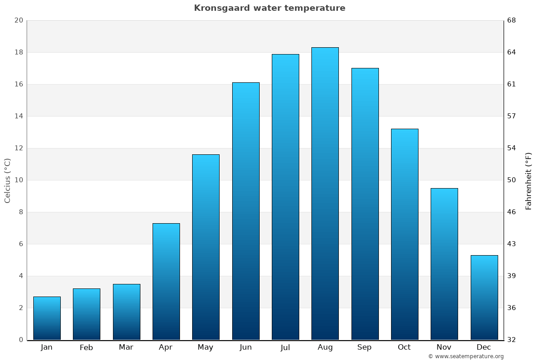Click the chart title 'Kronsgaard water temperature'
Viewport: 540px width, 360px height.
coord(270,8)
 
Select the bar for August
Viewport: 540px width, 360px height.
coord(325,193)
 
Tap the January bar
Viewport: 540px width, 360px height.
coord(47,318)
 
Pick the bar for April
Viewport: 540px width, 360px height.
coord(166,281)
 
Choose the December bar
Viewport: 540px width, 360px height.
coord(484,297)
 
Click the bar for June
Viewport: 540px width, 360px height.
coord(246,211)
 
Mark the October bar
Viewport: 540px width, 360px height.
coord(405,234)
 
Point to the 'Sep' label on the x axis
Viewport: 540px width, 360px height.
coord(364,347)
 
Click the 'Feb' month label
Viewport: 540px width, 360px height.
coord(86,347)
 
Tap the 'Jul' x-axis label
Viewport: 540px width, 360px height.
coord(285,347)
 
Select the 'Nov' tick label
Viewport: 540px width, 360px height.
coord(444,347)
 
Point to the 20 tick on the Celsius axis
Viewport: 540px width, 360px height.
coord(18,20)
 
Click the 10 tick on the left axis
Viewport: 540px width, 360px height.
coord(18,180)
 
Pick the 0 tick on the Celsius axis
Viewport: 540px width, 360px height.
coord(21,340)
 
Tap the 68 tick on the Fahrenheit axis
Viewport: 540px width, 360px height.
coord(512,20)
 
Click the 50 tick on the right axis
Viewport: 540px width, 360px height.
coord(512,180)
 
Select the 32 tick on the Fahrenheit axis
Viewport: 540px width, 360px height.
coord(512,340)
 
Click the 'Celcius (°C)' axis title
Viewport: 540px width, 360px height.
coord(7,180)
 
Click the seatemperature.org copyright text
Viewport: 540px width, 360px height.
coord(466,356)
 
